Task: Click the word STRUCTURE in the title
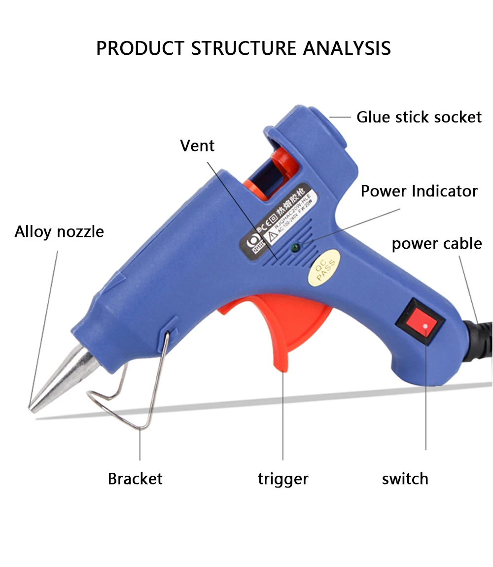click(x=244, y=48)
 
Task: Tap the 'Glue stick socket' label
click(x=419, y=117)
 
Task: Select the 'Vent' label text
click(x=197, y=146)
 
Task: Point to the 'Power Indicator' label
click(x=419, y=191)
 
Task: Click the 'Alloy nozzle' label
click(x=59, y=231)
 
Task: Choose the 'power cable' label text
click(x=437, y=243)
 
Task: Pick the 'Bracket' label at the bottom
click(x=135, y=478)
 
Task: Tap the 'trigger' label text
click(x=283, y=478)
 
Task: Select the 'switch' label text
click(x=405, y=478)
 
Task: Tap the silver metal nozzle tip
click(x=59, y=380)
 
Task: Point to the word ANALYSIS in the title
click(x=347, y=48)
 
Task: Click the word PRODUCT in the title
click(x=140, y=48)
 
